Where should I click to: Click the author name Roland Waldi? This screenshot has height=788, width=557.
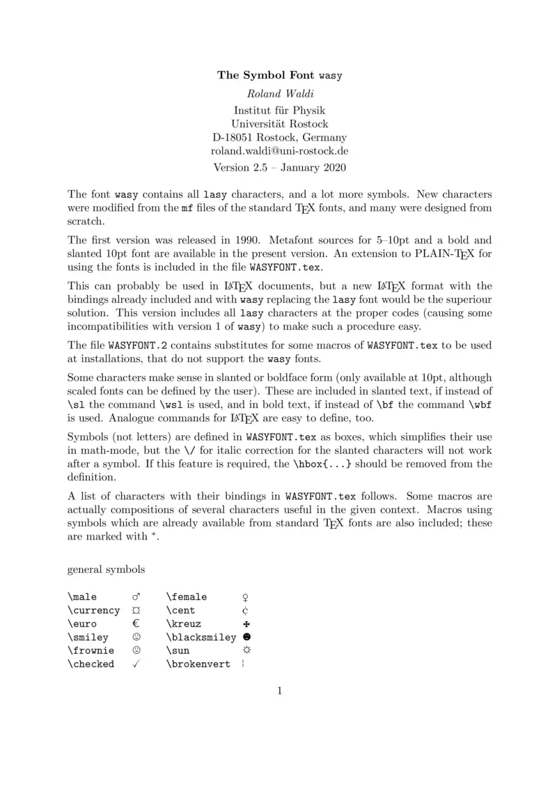click(x=279, y=93)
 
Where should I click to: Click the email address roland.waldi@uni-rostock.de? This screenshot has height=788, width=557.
click(x=279, y=150)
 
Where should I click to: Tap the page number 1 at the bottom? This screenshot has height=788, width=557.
click(x=279, y=691)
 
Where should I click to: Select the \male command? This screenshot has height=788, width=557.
click(x=82, y=597)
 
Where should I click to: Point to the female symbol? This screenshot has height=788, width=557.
click(x=246, y=597)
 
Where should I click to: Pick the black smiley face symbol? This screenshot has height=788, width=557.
click(x=246, y=637)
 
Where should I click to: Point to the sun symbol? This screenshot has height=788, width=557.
click(x=246, y=650)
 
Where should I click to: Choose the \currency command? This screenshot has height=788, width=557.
click(x=94, y=610)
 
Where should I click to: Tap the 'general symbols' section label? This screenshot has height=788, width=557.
click(x=106, y=569)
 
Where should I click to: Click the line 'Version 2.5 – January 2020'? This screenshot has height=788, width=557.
click(x=279, y=167)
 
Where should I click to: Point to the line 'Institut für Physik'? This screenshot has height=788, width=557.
click(x=279, y=110)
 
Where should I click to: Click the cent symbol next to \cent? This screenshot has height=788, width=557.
click(x=246, y=610)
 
